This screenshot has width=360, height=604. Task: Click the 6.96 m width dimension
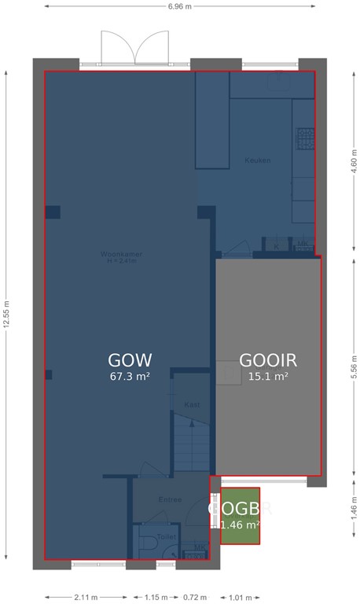tap(179, 6)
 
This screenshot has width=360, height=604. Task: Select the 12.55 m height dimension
tap(6, 317)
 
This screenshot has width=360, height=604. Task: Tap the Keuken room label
tap(258, 160)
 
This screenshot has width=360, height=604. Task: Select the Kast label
tap(191, 404)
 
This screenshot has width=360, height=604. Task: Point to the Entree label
tap(170, 499)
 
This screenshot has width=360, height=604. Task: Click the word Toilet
tap(167, 536)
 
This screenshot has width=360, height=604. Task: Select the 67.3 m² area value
tap(130, 377)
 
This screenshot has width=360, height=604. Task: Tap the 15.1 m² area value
tap(268, 377)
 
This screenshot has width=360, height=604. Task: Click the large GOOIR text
tap(268, 360)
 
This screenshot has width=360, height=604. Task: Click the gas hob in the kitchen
tap(303, 138)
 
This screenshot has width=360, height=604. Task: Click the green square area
tap(240, 517)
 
